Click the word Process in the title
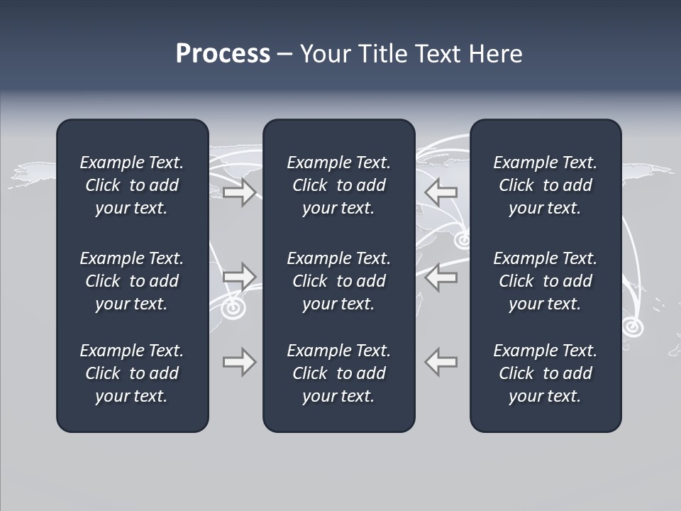pos(223,54)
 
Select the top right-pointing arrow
pos(239,192)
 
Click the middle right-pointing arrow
pos(239,277)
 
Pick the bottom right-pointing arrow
pos(239,362)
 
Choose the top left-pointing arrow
pos(441,192)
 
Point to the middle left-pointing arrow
pos(441,277)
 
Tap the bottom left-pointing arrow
pos(441,362)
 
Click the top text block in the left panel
pos(132,185)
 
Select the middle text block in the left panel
pos(132,281)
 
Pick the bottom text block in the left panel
pos(132,373)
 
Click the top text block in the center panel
pos(338,185)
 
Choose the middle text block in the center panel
pos(338,281)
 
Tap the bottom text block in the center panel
pos(338,373)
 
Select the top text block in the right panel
pos(545,185)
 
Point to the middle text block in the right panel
pos(545,281)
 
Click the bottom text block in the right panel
pos(545,373)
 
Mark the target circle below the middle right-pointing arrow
pos(232,309)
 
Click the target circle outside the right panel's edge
pos(632,326)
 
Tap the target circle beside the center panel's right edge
pos(463,240)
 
